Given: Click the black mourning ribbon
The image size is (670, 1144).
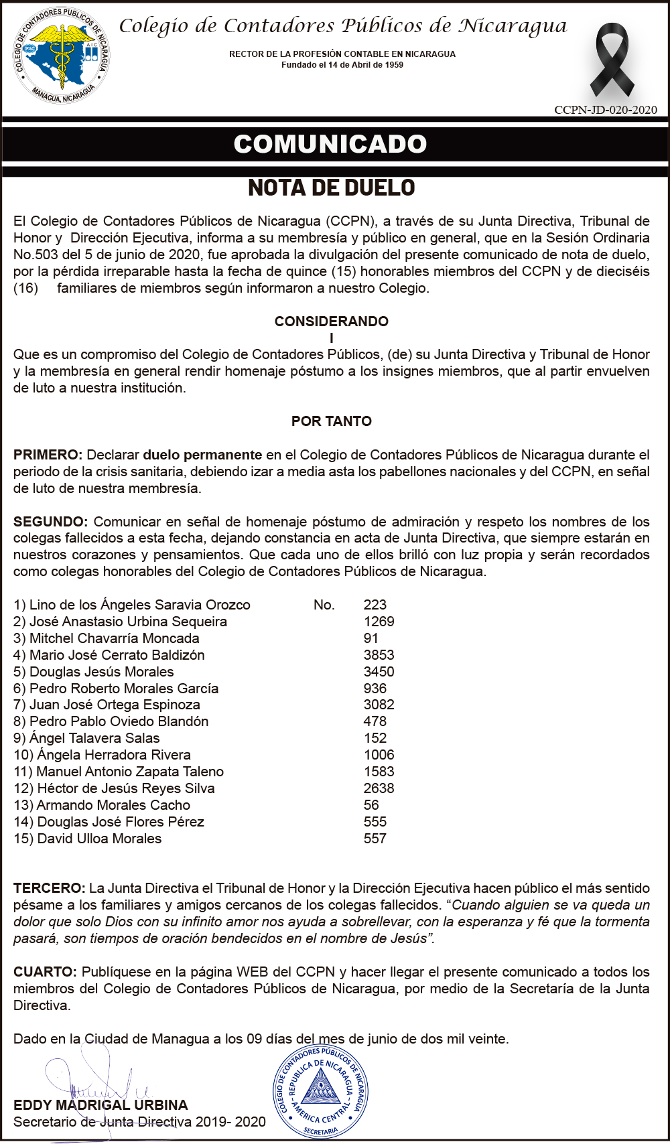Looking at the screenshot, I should (612, 60).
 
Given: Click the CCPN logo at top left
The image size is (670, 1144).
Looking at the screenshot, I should (62, 56).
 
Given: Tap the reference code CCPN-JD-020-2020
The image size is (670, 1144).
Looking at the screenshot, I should (606, 110).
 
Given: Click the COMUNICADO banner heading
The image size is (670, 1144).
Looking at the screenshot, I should (330, 144).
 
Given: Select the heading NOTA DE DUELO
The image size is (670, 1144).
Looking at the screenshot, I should (332, 188).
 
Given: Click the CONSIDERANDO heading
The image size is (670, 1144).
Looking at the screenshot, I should (332, 321).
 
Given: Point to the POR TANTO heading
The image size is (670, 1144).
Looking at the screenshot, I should (332, 421).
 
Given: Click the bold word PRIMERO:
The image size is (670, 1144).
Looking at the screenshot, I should (48, 455).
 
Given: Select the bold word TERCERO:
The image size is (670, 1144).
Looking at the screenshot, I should (49, 888).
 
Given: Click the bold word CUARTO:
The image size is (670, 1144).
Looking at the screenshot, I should (45, 972).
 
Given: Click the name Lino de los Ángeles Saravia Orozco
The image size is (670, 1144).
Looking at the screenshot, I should (139, 605).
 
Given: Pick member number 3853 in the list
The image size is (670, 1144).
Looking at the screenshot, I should (379, 655).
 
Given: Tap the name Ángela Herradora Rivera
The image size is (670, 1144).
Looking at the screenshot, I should (113, 755).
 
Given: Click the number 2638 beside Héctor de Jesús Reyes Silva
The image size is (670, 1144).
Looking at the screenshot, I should (379, 788).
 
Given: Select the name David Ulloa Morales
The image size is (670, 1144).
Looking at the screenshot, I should (99, 839).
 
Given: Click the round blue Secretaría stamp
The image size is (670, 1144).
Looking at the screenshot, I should (320, 1091).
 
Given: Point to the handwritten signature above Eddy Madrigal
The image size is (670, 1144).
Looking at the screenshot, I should (100, 1078).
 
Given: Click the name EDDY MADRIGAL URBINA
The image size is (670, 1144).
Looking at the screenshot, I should (100, 1105).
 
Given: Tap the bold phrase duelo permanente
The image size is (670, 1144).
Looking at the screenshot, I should (202, 455).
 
